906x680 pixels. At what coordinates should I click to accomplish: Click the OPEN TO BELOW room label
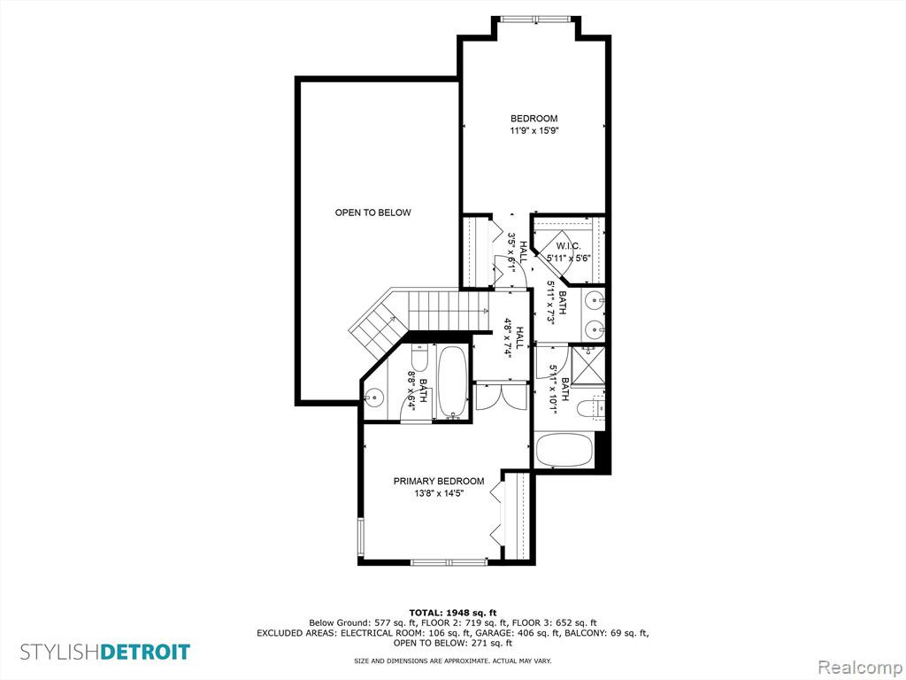(372, 212)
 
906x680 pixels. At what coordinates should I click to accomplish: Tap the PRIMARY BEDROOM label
(439, 481)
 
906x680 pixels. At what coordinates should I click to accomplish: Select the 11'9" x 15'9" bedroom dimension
(534, 131)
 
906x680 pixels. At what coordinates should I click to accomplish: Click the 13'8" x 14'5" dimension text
(439, 494)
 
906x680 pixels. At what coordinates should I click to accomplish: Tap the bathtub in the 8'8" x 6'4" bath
(453, 382)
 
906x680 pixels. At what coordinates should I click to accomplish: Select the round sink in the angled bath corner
(374, 398)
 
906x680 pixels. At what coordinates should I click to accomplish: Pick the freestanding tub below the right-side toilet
(564, 451)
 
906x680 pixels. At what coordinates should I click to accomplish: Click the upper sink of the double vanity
(594, 300)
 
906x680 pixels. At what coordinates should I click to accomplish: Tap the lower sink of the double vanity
(594, 329)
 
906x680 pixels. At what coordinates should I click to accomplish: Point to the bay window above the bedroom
(535, 19)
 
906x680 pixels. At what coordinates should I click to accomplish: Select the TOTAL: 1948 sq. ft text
(453, 613)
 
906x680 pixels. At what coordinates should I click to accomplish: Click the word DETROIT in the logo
(145, 653)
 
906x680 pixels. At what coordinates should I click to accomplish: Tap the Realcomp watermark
(859, 667)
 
